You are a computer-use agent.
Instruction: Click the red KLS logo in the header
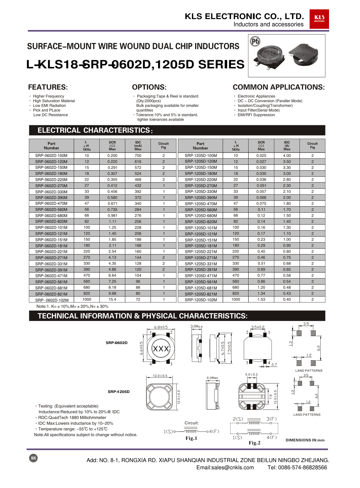[x=319, y=19]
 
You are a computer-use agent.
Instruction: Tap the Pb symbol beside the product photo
[x=255, y=41]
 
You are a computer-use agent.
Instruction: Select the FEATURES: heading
[x=48, y=87]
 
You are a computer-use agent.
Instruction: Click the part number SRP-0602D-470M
[x=51, y=204]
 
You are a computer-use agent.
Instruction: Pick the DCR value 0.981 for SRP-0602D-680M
[x=112, y=216]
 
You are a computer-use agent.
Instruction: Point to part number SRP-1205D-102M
[x=201, y=300]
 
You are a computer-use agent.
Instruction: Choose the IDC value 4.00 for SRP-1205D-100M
[x=287, y=156]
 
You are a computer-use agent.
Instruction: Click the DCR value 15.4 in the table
[x=112, y=299]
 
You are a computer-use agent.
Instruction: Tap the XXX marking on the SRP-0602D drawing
[x=161, y=349]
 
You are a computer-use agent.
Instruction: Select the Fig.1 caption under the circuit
[x=191, y=438]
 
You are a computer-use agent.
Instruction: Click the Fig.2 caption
[x=254, y=443]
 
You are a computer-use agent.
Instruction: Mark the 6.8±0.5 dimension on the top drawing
[x=161, y=327]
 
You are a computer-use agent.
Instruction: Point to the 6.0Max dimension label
[x=212, y=378]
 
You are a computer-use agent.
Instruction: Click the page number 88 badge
[x=33, y=458]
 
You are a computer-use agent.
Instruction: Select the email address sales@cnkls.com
[x=225, y=467]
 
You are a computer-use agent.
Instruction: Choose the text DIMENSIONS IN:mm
[x=305, y=440]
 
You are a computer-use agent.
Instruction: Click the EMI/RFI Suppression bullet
[x=256, y=115]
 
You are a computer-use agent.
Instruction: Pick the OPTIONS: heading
[x=149, y=87]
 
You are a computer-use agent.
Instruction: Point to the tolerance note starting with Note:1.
[x=72, y=307]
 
